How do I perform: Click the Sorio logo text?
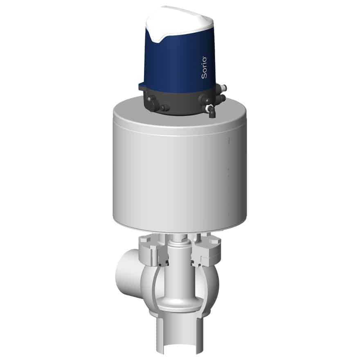point(204,68)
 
